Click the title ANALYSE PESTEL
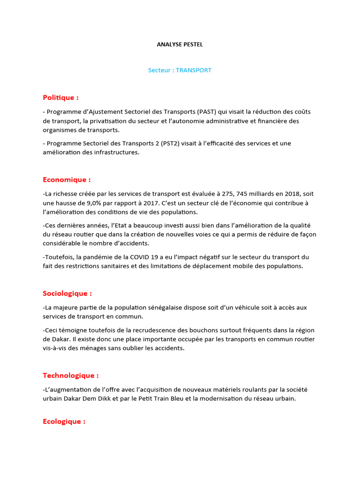click(x=180, y=45)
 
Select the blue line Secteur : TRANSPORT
click(x=180, y=70)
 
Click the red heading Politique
click(x=60, y=97)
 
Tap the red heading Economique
click(x=67, y=180)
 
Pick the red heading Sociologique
click(x=67, y=293)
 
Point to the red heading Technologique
click(x=71, y=375)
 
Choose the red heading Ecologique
click(x=64, y=421)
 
